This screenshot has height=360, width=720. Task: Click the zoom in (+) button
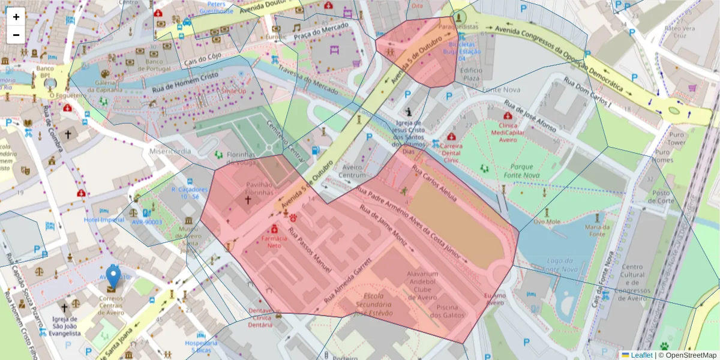[16, 17]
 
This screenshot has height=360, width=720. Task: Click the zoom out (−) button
[16, 35]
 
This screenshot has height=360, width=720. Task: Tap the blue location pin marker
[113, 277]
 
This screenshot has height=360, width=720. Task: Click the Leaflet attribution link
[641, 355]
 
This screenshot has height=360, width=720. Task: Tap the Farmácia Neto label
[274, 242]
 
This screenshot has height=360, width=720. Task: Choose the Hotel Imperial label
[104, 220]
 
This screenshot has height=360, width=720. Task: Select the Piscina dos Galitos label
[450, 311]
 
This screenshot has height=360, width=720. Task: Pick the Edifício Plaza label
[470, 74]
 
